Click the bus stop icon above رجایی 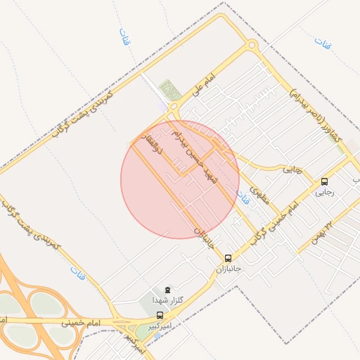[324, 181]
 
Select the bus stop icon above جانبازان [228, 258]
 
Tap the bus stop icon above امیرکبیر [160, 316]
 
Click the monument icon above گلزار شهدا [167, 290]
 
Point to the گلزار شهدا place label [167, 300]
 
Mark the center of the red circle [180, 179]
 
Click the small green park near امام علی [170, 91]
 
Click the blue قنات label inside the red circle [243, 200]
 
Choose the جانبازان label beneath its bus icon [227, 269]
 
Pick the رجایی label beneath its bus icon [324, 191]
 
